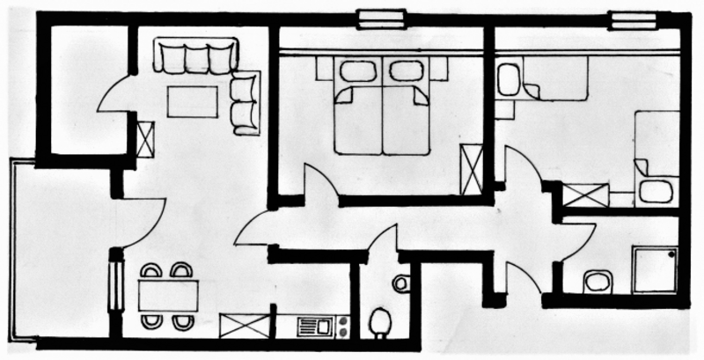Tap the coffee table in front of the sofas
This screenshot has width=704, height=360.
tap(193, 100)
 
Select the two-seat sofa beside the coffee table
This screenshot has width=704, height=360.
tap(245, 102)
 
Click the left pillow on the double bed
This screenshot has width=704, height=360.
tap(356, 71)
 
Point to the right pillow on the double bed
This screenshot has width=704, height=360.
tap(406, 71)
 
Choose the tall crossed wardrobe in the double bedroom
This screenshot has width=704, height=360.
tap(472, 168)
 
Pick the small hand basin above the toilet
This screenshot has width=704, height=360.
tap(401, 283)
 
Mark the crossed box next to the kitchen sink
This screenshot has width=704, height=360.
tap(245, 327)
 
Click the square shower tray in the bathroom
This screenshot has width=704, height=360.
tap(654, 269)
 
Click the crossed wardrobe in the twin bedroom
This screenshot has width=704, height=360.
tap(585, 195)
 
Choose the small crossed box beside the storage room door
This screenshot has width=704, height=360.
tap(145, 138)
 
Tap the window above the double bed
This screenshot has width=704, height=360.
tap(382, 18)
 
